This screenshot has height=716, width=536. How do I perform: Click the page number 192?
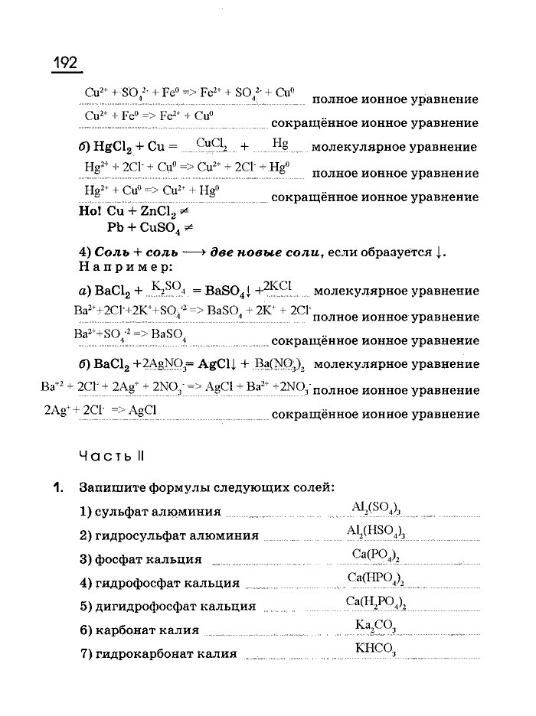point(67,62)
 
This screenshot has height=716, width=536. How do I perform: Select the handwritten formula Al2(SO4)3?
point(377,508)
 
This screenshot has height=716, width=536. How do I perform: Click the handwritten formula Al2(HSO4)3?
point(375,532)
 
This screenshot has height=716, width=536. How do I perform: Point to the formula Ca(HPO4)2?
point(375,579)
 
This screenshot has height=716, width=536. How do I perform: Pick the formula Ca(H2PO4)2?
point(375,603)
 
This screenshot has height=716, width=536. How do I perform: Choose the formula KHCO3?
point(375,649)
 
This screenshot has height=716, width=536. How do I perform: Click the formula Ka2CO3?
point(375,626)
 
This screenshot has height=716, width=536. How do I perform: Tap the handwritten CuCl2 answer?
point(212,143)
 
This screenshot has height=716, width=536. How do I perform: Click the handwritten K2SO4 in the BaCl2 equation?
point(168,287)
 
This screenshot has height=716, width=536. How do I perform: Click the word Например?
point(126,267)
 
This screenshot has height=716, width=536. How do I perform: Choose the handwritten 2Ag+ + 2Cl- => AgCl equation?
point(100,410)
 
